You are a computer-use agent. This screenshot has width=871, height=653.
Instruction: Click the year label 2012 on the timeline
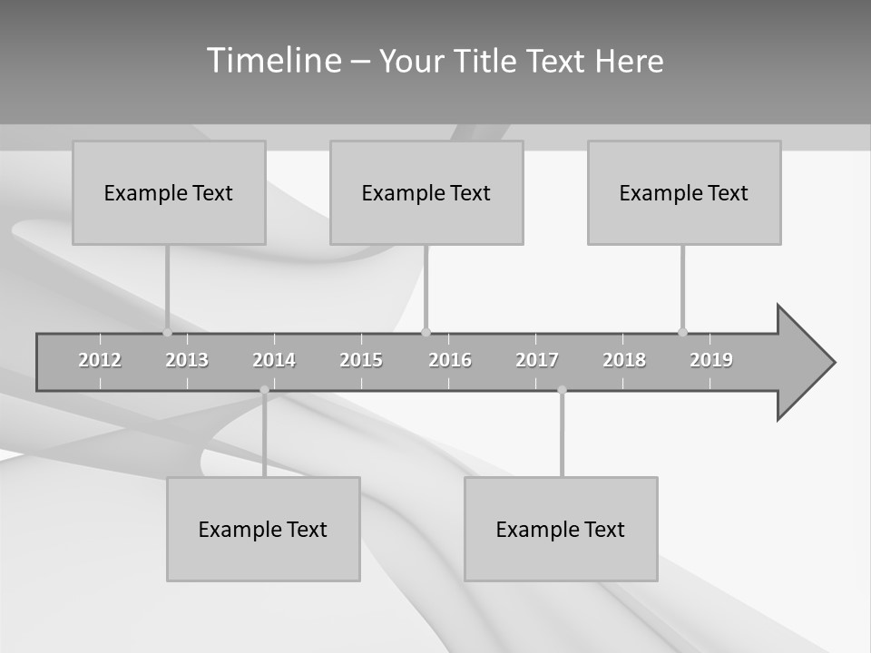tap(100, 360)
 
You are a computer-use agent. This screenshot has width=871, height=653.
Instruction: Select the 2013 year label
tap(187, 360)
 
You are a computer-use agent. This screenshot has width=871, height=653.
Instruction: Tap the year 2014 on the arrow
tap(274, 360)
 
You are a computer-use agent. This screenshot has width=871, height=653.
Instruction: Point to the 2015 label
tap(361, 360)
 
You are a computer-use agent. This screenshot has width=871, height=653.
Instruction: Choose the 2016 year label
tap(450, 360)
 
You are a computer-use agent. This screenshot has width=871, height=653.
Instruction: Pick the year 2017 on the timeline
tap(537, 360)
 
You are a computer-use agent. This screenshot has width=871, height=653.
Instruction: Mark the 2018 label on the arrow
tap(624, 360)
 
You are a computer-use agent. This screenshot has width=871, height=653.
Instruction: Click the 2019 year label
tap(711, 360)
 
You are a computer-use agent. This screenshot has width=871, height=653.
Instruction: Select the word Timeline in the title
tap(273, 61)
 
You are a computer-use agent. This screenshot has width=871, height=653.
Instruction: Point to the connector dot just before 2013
tap(167, 332)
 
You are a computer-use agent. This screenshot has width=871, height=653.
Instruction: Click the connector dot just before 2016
tap(426, 332)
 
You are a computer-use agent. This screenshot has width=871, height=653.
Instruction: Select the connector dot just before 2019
tap(682, 332)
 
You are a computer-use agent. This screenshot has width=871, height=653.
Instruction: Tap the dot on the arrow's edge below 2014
tap(264, 390)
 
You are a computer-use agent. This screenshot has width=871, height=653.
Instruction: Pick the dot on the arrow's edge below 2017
tap(562, 390)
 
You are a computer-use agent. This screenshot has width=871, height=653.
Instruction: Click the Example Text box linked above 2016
tap(426, 192)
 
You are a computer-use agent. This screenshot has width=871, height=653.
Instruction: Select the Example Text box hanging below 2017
tap(561, 529)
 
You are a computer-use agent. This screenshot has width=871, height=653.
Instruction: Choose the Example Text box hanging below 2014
tap(263, 529)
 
